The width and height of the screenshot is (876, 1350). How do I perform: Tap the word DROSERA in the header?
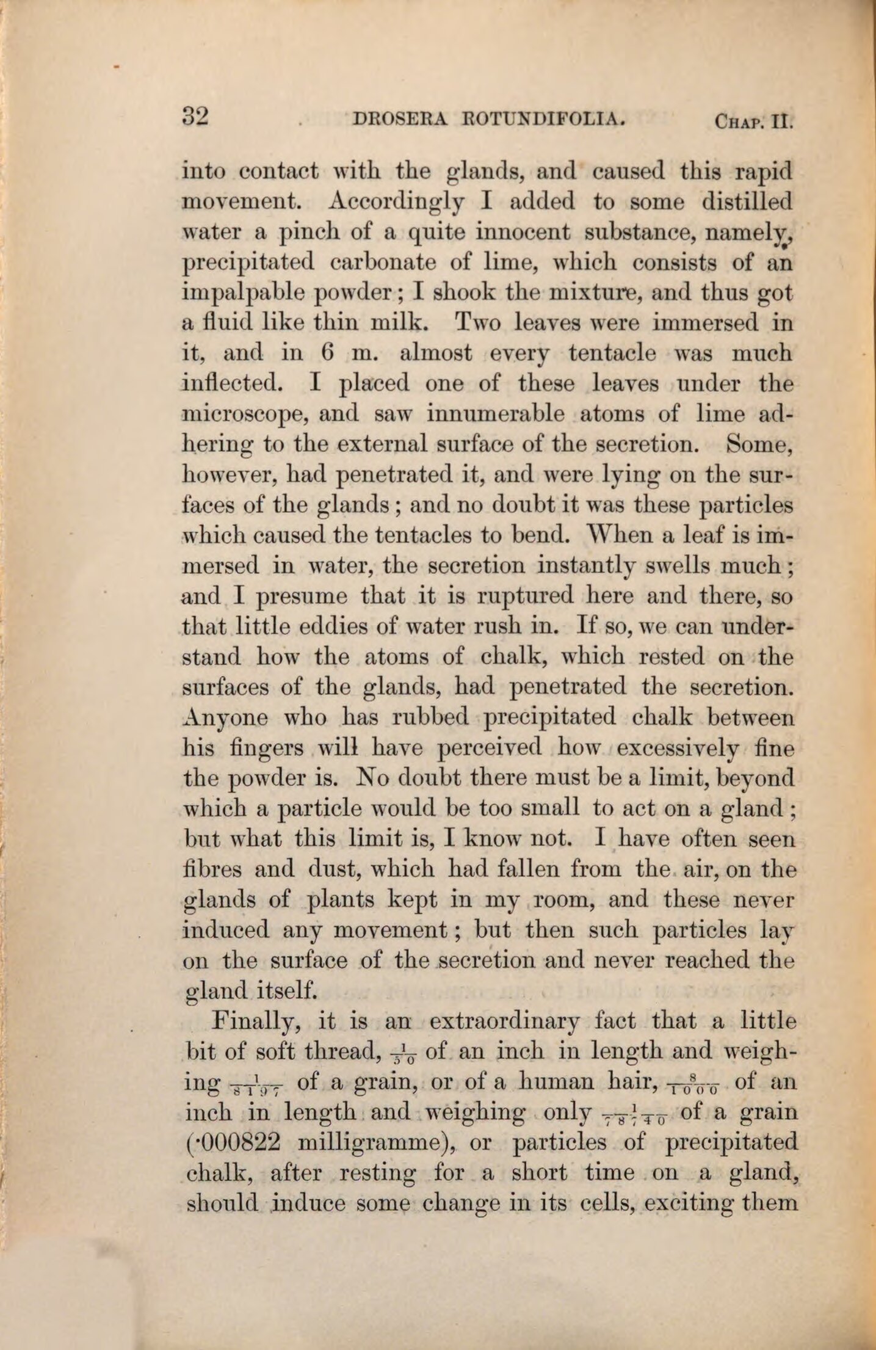tap(399, 118)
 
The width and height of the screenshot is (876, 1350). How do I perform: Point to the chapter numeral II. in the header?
tap(783, 121)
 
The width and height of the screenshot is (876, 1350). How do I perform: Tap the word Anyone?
tap(225, 718)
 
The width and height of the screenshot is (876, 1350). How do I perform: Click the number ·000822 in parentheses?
tap(230, 1142)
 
